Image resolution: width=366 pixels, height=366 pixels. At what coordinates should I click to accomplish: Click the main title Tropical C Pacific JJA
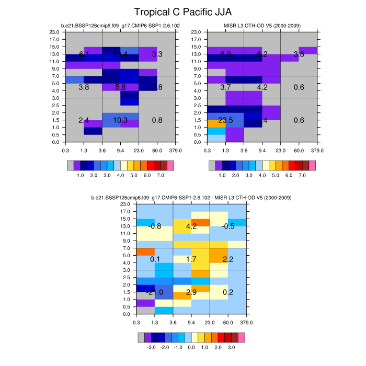coord(182,12)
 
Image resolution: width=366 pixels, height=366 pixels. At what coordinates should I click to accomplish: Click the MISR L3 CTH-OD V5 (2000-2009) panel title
coord(261,26)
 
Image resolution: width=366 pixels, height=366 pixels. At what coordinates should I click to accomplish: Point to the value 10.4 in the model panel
coord(120,54)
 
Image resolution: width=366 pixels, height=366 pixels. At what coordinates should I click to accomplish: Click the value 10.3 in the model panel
coord(120,120)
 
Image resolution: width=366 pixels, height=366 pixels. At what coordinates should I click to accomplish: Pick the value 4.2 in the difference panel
coord(191,226)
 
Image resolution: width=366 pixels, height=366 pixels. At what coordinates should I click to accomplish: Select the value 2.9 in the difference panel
coord(191,292)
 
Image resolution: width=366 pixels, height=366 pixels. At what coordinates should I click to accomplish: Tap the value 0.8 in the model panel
coord(157,120)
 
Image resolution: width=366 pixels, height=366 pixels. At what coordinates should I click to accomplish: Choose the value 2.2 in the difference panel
coord(228,259)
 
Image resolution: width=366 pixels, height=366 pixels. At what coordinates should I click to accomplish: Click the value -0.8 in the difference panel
coord(155,226)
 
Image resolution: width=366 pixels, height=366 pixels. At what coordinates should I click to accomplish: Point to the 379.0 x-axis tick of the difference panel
coord(246,323)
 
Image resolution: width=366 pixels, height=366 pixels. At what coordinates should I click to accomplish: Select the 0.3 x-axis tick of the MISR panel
coord(207,151)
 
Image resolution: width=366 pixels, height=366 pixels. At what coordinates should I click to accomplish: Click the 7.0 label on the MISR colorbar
coord(302,176)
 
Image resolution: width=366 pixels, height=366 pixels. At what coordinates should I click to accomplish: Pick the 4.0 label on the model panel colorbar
coord(120,176)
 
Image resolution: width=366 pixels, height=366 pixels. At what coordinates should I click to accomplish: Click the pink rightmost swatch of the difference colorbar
coord(242,337)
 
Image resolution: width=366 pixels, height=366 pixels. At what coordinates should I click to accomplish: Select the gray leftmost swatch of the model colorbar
coord(71,165)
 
